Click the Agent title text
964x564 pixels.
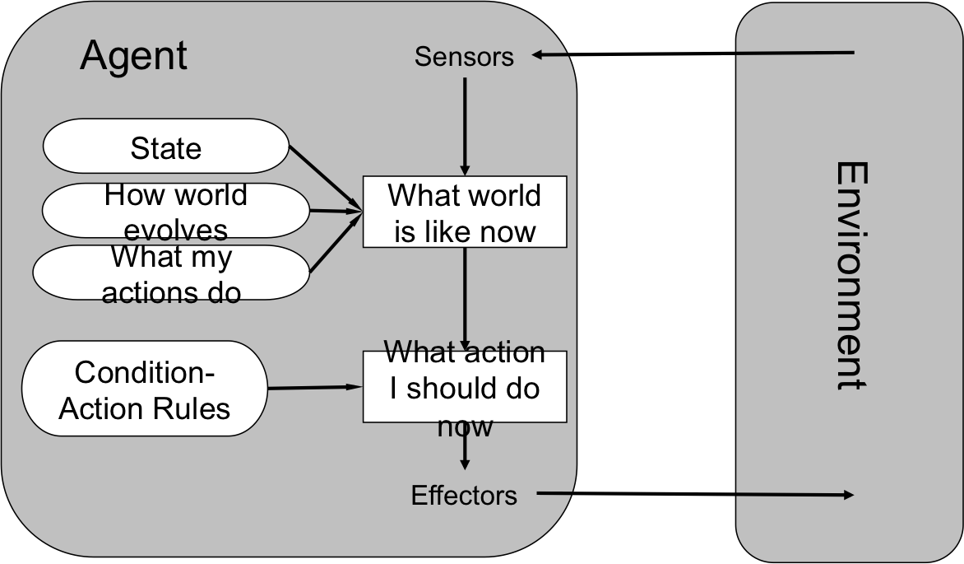pyautogui.click(x=133, y=56)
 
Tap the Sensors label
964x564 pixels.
pyautogui.click(x=464, y=57)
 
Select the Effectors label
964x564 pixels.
pyautogui.click(x=464, y=496)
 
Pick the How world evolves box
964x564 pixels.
pyautogui.click(x=175, y=210)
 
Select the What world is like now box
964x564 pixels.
pyautogui.click(x=465, y=212)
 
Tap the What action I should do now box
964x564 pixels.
pyautogui.click(x=465, y=387)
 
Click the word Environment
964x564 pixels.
pyautogui.click(x=850, y=276)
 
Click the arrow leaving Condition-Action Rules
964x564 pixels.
pyautogui.click(x=315, y=387)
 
